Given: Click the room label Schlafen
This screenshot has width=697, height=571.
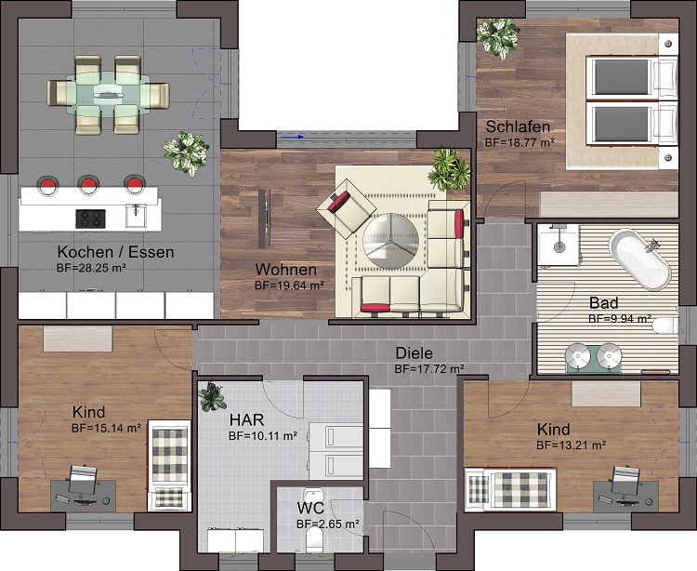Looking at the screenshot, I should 518,126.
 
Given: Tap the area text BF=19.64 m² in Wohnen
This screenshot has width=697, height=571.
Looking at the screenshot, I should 289,285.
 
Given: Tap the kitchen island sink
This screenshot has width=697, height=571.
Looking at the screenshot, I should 135,216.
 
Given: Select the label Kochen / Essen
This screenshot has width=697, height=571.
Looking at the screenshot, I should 115,252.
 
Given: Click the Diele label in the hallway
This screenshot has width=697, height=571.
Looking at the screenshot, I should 414,353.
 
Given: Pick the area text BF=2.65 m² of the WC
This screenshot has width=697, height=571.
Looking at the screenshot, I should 327,525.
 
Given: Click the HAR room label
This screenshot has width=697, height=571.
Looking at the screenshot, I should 247,419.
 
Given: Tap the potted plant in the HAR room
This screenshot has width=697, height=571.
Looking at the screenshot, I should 212,397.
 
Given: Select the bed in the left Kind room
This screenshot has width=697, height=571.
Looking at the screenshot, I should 170,465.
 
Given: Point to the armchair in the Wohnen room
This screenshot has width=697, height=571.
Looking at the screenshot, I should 343,208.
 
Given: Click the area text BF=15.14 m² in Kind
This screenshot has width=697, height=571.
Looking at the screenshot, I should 106,429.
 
